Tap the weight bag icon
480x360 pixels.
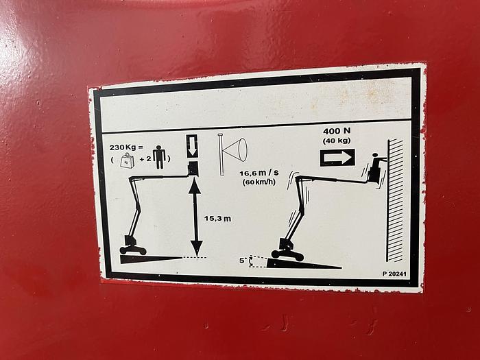[x=126, y=160]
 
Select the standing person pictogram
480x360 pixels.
[x=160, y=157]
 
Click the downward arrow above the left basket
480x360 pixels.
[x=192, y=146]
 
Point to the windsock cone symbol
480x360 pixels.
[x=232, y=151]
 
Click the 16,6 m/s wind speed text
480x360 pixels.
[x=259, y=173]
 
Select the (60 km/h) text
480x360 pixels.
[x=259, y=182]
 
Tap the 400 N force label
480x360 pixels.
[x=337, y=131]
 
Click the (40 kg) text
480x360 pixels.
[x=337, y=141]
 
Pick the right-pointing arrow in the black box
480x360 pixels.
[x=337, y=158]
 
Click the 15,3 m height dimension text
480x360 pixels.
[x=217, y=219]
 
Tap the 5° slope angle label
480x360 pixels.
[x=243, y=261]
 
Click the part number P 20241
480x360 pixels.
[x=394, y=274]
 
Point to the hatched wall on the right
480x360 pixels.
[x=394, y=200]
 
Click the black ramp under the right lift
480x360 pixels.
[x=304, y=263]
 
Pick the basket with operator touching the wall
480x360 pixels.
[x=375, y=171]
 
